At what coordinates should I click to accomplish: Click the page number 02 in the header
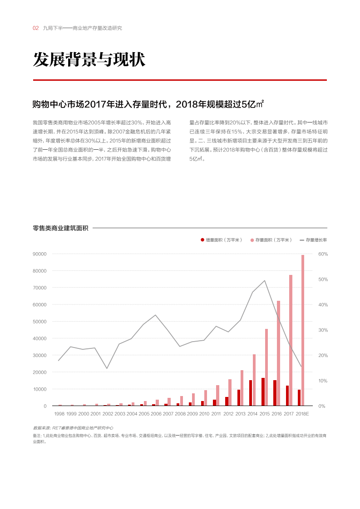pos(35,28)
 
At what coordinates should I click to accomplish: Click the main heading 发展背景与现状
pos(89,60)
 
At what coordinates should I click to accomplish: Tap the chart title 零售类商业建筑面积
pos(60,228)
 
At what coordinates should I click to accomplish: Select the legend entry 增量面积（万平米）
pos(222,240)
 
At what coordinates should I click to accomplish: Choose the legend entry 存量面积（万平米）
pos(271,240)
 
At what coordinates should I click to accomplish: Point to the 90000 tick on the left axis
pos(39,254)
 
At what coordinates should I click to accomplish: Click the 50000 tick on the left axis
pos(39,322)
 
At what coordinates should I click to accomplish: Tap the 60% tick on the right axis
pos(323,254)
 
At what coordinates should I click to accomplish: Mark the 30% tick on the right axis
pos(323,330)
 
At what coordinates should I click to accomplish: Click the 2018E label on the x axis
pos(302,414)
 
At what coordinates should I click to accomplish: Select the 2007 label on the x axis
pos(168,414)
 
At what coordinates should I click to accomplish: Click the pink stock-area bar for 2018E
pos(303,330)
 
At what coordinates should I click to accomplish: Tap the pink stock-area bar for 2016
pos(279,353)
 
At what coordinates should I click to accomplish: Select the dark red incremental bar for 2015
pos(263,392)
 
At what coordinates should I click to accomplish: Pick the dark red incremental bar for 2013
pos(239,397)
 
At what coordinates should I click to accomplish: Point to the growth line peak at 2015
pos(265,280)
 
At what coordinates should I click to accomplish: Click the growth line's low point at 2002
pos(107,368)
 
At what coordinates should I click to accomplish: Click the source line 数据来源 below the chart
pos(73,428)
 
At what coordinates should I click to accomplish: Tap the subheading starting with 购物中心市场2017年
pos(148,104)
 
